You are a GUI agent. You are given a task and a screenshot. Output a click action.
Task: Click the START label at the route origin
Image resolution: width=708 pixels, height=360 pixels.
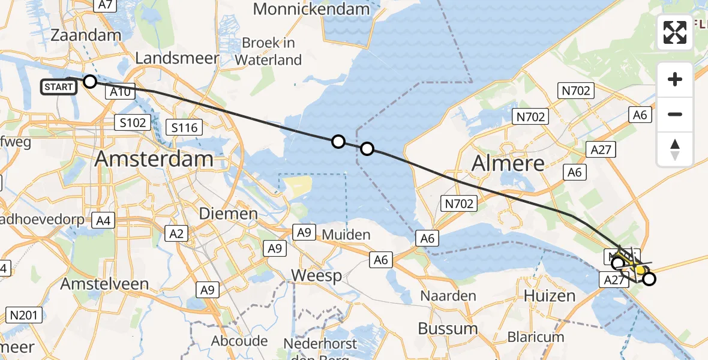(x=59, y=87)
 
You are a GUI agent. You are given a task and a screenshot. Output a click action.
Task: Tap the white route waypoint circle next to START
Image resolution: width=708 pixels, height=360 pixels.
(x=90, y=82)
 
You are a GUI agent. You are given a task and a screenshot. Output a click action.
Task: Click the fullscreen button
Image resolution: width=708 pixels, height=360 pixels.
(x=675, y=32)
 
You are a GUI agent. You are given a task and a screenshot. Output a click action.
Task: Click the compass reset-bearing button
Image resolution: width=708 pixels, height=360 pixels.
(x=675, y=149)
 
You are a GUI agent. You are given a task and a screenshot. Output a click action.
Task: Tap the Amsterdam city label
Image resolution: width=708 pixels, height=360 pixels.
(x=154, y=159)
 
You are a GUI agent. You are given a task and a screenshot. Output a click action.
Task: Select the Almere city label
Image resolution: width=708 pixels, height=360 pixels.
(x=508, y=163)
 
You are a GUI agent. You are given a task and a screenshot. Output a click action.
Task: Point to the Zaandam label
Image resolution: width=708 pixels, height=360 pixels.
(x=86, y=35)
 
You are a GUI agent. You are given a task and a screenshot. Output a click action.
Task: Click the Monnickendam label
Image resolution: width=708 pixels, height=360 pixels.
(x=311, y=9)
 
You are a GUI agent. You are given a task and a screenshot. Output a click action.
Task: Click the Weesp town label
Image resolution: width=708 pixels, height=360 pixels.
(x=316, y=276)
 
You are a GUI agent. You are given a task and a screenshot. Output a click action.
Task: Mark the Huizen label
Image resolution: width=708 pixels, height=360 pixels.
(x=549, y=295)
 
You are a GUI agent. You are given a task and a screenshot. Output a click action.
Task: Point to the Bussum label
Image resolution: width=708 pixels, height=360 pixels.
(x=448, y=328)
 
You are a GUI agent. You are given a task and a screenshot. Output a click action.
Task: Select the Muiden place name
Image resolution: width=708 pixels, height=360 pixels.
(x=346, y=234)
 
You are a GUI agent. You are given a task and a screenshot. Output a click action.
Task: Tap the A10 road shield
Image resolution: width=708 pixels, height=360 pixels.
(x=121, y=92)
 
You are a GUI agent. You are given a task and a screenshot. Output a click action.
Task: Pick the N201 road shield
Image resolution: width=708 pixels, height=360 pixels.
(x=24, y=314)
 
